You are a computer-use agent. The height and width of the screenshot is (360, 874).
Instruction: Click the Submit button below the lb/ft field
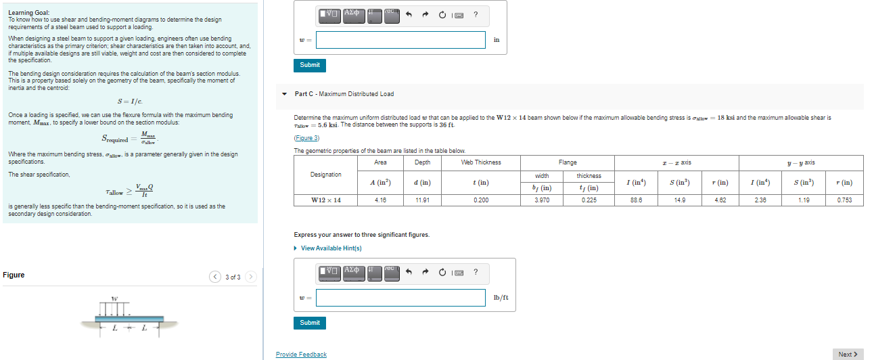tap(310, 323)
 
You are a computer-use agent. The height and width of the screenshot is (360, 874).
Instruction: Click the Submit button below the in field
tap(310, 65)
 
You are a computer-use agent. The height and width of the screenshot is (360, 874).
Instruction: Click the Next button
tap(848, 354)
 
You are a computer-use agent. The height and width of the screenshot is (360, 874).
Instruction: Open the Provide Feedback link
tap(301, 355)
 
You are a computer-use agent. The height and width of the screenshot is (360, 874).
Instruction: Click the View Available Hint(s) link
tap(331, 248)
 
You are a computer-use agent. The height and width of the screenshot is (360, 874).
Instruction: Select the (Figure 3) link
tap(306, 138)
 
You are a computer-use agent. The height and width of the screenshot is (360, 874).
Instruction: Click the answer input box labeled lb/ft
tap(400, 298)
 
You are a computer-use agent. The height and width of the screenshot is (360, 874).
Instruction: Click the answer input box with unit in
tap(400, 40)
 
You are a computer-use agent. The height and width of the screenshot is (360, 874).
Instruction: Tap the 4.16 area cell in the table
tap(380, 200)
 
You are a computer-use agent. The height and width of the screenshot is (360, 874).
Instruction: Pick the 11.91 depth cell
tap(422, 200)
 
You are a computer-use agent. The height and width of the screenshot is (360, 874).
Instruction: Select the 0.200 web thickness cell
tap(481, 200)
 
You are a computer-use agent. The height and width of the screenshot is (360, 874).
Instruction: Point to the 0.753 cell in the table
tap(844, 200)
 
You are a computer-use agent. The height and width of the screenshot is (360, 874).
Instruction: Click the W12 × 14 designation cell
tap(325, 200)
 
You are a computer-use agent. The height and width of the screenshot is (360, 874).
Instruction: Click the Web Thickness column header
tap(481, 162)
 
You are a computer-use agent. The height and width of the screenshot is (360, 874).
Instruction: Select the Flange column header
tap(568, 162)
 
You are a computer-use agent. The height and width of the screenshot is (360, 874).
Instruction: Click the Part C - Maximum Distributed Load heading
tap(344, 94)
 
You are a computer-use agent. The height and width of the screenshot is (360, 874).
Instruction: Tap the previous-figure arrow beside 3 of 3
tap(215, 277)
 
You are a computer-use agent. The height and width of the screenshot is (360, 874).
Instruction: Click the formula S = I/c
tap(130, 102)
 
